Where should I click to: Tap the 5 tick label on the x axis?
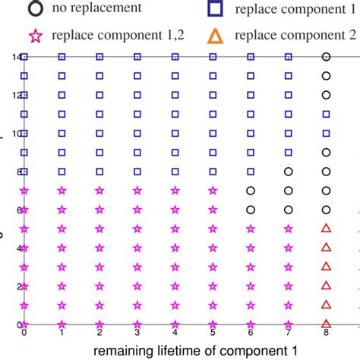point(213,332)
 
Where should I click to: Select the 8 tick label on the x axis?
point(326,332)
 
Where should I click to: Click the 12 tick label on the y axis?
point(16,95)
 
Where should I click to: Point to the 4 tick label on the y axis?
point(17,247)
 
